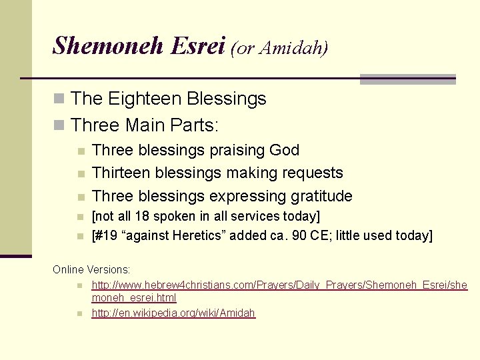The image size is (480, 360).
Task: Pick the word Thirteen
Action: (121, 173)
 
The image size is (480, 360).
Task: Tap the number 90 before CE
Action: (301, 235)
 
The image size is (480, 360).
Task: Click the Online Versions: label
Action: (91, 269)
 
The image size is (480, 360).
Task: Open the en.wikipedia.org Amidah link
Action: (173, 313)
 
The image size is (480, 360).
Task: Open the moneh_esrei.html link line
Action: (134, 298)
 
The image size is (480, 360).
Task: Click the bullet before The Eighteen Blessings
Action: (59, 99)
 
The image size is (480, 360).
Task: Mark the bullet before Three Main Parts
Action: (59, 125)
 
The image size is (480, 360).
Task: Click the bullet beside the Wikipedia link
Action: (79, 313)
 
